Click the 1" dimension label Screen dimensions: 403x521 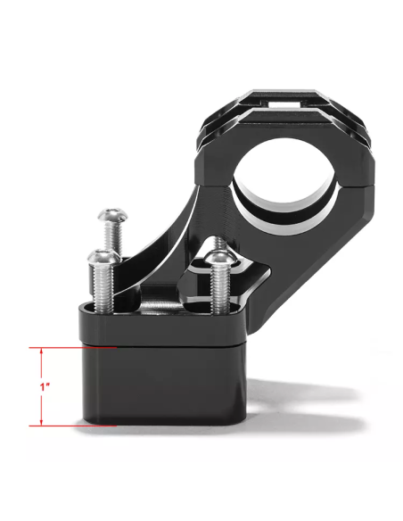click(45, 387)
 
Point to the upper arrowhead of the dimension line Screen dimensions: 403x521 click(41, 351)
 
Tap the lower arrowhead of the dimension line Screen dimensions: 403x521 click(41, 422)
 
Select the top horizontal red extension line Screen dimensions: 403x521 click(73, 348)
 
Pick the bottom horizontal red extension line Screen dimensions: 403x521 click(73, 426)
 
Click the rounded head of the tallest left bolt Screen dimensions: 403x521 click(113, 215)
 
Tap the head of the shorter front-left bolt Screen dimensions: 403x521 click(103, 256)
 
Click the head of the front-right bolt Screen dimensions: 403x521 click(220, 259)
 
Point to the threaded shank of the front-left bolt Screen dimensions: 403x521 click(103, 287)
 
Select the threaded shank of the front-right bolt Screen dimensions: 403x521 click(219, 290)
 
